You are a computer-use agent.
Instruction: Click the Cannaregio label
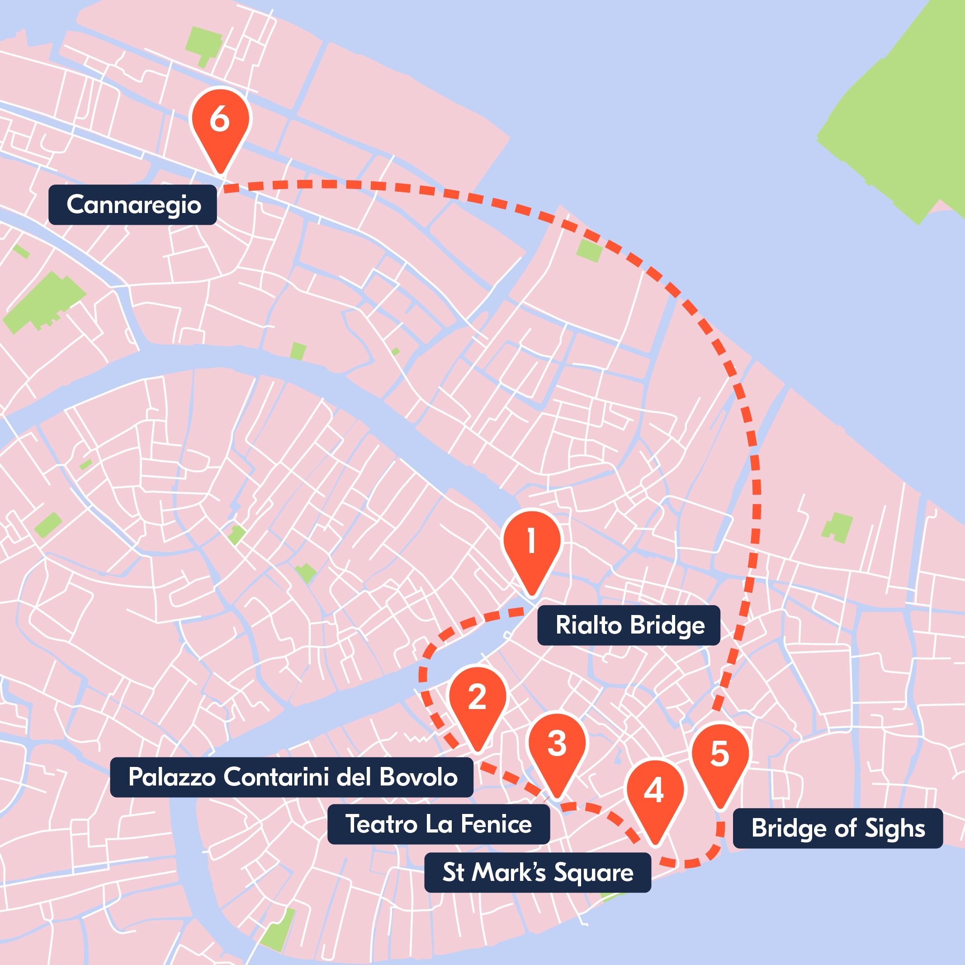[x=133, y=205]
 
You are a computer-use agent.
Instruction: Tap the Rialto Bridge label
[x=629, y=625]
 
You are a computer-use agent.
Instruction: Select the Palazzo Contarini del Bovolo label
[x=292, y=777]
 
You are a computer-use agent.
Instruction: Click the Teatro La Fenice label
[x=439, y=824]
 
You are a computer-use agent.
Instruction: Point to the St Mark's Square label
[x=538, y=873]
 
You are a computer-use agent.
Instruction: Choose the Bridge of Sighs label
[x=837, y=828]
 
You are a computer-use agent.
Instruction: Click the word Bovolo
[x=418, y=777]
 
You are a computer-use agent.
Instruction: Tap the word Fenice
[x=496, y=824]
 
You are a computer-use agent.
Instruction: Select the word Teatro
[x=382, y=824]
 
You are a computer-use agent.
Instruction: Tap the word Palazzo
[x=172, y=777]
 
